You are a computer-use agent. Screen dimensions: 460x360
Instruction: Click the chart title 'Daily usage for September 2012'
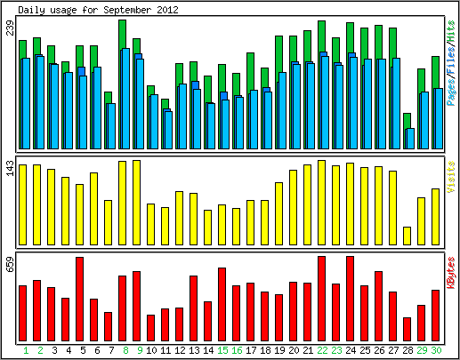click(x=98, y=10)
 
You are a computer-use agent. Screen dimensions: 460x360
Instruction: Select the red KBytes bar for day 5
click(x=79, y=299)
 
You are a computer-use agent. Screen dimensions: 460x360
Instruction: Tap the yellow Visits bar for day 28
click(x=407, y=236)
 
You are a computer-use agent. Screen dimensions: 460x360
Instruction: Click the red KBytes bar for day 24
click(x=350, y=299)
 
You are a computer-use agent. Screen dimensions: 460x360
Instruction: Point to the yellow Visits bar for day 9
click(x=136, y=203)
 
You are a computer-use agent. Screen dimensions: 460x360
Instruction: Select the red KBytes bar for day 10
click(x=150, y=328)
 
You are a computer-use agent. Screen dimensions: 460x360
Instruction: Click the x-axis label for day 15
click(x=222, y=350)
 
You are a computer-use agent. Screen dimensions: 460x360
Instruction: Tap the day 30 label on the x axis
click(x=436, y=350)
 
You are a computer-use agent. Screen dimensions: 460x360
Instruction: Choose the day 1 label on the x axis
click(x=26, y=350)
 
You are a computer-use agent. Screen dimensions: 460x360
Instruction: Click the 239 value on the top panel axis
click(x=11, y=28)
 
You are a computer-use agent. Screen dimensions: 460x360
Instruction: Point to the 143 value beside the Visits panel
click(x=11, y=168)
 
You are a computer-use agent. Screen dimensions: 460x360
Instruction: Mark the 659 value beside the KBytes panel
click(x=11, y=264)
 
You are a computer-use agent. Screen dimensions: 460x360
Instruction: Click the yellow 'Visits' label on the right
click(x=450, y=177)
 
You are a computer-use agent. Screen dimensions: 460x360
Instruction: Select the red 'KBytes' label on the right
click(x=450, y=273)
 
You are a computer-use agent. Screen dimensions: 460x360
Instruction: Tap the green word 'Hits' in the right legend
click(x=450, y=31)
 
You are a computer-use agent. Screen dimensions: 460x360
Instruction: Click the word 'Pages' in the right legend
click(x=450, y=93)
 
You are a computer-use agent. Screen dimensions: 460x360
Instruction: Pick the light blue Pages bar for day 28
click(x=410, y=139)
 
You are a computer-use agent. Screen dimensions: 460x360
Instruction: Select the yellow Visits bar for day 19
click(x=278, y=213)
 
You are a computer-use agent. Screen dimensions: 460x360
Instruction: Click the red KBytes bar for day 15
click(x=222, y=304)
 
